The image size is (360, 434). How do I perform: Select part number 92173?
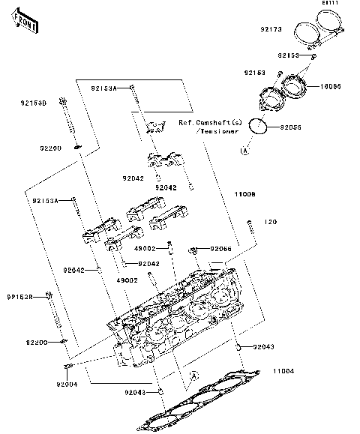(x=271, y=30)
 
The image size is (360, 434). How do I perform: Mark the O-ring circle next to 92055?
(x=257, y=127)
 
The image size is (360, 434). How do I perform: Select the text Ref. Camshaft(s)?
(x=211, y=121)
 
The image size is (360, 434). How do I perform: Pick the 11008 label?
(x=244, y=194)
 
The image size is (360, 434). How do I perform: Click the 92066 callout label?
(x=221, y=248)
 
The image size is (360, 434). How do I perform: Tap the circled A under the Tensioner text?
(x=244, y=151)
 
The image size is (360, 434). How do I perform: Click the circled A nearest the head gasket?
(x=193, y=373)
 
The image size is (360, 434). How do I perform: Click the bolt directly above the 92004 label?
(x=66, y=367)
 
